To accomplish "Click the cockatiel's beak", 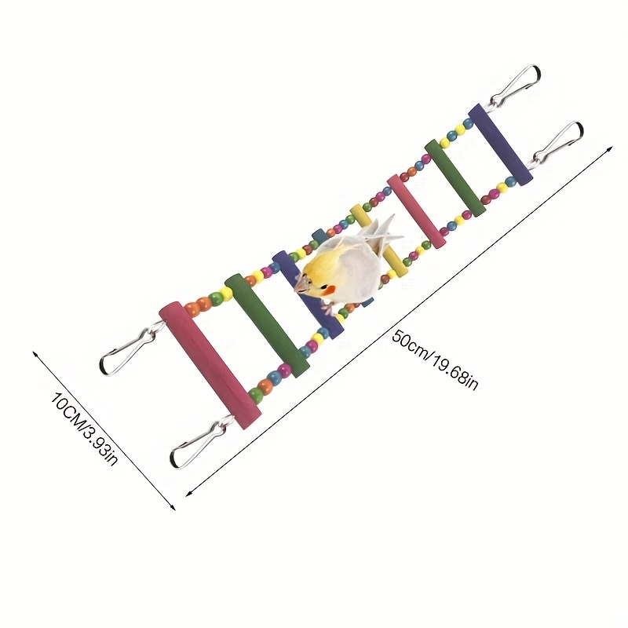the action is coord(301,285).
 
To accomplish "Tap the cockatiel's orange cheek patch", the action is coord(329,290).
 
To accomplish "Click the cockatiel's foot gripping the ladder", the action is coord(327,309).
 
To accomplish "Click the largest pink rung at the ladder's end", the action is coord(210,366).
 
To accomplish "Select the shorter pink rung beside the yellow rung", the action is coord(416,211).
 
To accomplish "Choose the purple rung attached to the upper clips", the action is coord(500,144).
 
